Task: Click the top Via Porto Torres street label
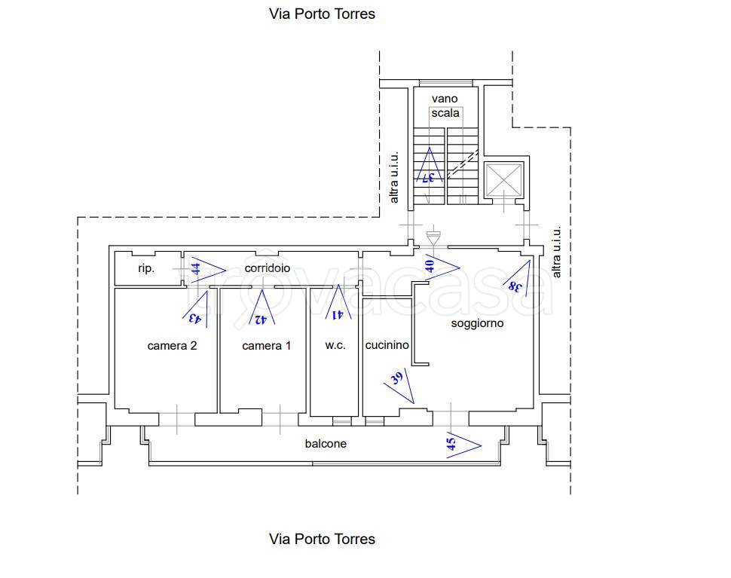coord(322,14)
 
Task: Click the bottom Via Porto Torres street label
coord(322,539)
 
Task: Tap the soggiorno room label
coord(477,323)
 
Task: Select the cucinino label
coord(387,345)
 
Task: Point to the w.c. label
coord(335,345)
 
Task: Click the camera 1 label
coord(266,346)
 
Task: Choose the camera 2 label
coord(172,346)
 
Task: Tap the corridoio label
coord(268,268)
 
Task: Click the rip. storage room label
coord(146,268)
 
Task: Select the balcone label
coord(326,444)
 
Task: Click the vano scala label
coord(445,106)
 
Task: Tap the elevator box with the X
coord(503,181)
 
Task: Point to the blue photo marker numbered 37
coord(429,169)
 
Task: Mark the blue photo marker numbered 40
coord(439,265)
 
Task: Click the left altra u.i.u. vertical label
coord(393,178)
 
